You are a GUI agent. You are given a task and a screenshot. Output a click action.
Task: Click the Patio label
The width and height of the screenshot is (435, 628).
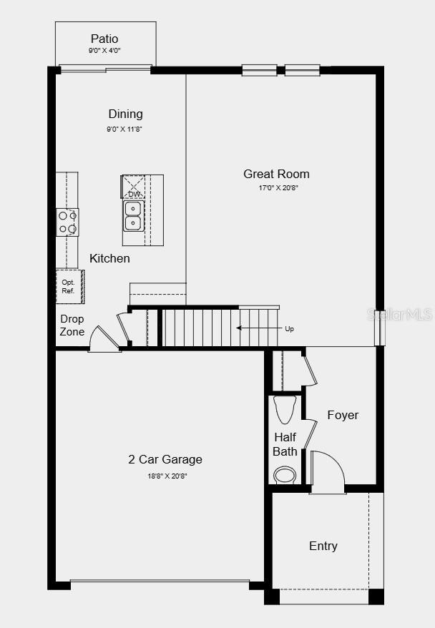point(104,39)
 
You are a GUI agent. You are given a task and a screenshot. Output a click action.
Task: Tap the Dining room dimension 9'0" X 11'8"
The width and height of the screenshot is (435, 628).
point(125,129)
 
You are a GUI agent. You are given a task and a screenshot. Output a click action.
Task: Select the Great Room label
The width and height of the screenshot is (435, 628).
point(276,174)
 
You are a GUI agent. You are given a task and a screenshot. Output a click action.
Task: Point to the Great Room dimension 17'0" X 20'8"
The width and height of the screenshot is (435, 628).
point(278,187)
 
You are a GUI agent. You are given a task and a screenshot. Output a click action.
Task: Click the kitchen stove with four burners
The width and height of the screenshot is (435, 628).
point(67,222)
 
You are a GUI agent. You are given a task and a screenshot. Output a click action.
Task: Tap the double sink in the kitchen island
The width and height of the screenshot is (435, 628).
point(133,215)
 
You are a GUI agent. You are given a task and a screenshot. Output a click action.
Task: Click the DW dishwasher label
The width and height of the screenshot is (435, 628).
point(134,194)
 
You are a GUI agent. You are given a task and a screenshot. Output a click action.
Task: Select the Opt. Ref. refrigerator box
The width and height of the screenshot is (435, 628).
point(69,286)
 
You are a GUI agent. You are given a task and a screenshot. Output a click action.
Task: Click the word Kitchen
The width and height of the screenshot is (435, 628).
point(109,258)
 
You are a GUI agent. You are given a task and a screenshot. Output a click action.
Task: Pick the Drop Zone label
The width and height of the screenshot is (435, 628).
point(72,325)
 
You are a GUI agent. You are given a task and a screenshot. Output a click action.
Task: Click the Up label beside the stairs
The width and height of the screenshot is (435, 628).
point(289,329)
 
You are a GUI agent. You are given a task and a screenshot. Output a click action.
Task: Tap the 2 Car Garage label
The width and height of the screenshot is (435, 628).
point(165,460)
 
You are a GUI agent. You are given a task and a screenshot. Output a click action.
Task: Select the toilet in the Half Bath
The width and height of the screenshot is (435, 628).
point(284,409)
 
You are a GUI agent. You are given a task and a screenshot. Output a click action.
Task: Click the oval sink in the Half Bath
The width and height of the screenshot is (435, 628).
point(285,475)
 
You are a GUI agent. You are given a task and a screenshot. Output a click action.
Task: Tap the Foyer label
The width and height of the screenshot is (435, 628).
point(343,415)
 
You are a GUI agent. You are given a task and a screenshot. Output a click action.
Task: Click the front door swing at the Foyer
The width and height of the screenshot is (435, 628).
point(327,473)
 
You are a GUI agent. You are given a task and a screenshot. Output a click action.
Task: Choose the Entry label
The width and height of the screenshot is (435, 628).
point(323,546)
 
